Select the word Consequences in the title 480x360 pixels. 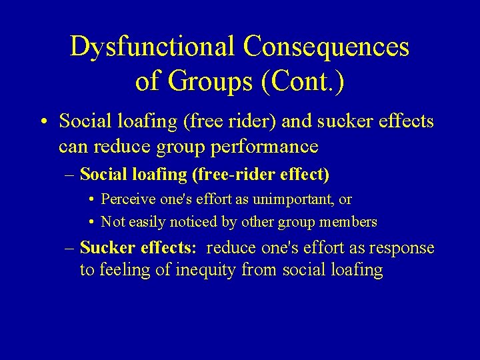click(326, 47)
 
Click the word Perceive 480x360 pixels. click(129, 199)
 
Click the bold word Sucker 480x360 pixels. click(108, 249)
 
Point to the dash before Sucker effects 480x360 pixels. click(70, 249)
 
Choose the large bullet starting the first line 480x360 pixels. click(42, 121)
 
